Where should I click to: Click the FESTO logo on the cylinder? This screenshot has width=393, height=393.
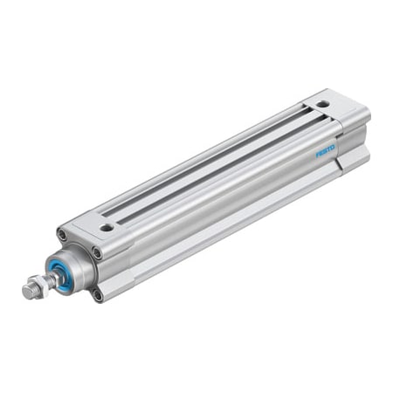325,150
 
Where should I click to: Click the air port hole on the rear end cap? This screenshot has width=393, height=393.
323,104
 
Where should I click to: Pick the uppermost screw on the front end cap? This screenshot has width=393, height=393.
62,234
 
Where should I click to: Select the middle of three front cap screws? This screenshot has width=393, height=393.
96,253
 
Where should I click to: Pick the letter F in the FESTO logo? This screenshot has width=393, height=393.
318,154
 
